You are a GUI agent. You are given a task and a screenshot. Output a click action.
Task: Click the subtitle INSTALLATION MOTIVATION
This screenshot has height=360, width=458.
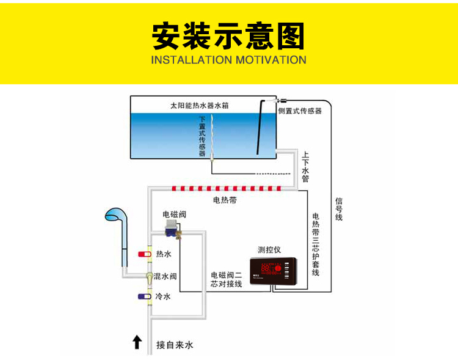[x=228, y=60]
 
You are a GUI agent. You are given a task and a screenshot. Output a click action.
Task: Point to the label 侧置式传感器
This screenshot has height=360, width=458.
[x=300, y=111]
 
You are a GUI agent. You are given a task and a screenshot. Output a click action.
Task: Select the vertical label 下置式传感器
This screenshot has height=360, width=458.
[x=202, y=136]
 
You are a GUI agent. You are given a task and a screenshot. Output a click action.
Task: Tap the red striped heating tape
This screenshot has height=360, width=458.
[x=226, y=188]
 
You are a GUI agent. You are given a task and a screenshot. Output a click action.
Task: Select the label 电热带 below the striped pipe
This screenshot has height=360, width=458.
[x=225, y=200]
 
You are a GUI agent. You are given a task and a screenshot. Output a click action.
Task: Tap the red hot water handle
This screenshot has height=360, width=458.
[x=145, y=254]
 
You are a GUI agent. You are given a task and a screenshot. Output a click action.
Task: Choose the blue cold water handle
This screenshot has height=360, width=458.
[x=145, y=297]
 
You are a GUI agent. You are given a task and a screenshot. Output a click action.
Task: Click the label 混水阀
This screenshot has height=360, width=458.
[x=165, y=276]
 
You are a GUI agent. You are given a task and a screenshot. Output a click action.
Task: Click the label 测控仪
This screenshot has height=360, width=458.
[x=269, y=249]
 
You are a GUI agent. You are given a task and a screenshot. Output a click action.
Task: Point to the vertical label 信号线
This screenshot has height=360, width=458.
[x=339, y=208]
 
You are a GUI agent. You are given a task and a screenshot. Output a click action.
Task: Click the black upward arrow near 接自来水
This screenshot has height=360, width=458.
[x=137, y=342]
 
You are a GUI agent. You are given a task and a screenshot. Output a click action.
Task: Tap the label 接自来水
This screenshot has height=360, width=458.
[x=175, y=345]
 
